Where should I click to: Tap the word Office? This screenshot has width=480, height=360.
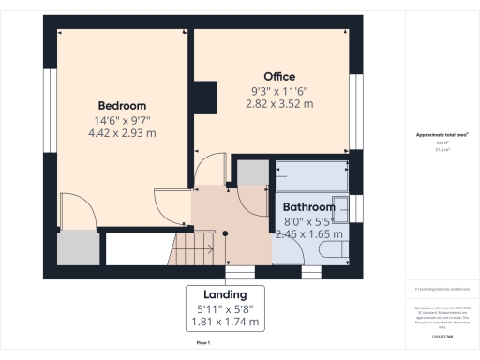pyautogui.click(x=279, y=76)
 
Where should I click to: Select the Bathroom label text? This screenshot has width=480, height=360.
pyautogui.click(x=308, y=207)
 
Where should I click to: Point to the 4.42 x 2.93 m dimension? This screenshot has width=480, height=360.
pyautogui.click(x=121, y=133)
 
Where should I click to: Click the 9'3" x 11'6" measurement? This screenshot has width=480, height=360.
pyautogui.click(x=279, y=90)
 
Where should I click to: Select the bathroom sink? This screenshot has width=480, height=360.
pyautogui.click(x=342, y=208)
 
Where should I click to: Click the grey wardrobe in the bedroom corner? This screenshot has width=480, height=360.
pyautogui.click(x=78, y=247)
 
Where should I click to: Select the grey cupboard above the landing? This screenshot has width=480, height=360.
pyautogui.click(x=250, y=172)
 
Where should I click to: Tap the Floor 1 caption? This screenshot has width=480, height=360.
pyautogui.click(x=202, y=344)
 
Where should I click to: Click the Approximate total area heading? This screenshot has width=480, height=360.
pyautogui.click(x=442, y=135)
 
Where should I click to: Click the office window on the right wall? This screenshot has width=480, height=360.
pyautogui.click(x=355, y=110)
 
